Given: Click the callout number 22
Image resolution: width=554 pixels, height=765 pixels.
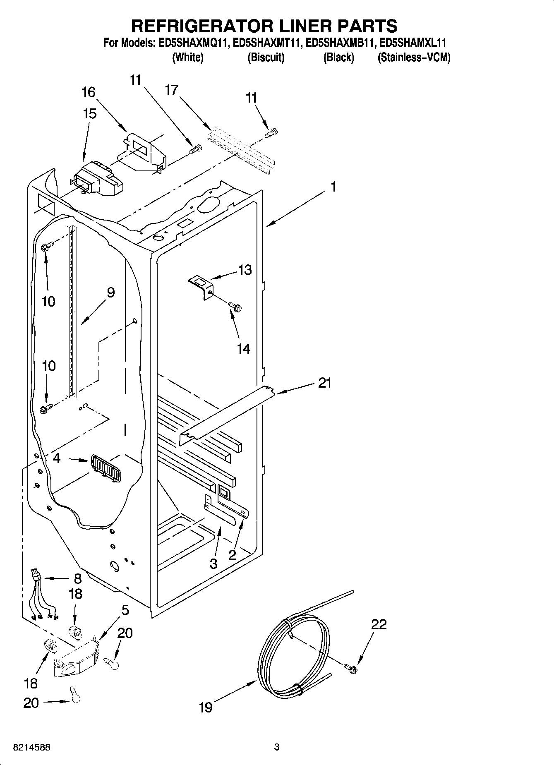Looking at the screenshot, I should pyautogui.click(x=378, y=624).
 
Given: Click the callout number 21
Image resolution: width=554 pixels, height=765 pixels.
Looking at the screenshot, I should pyautogui.click(x=325, y=383).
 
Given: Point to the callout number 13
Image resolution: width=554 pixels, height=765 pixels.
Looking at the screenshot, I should pyautogui.click(x=245, y=270).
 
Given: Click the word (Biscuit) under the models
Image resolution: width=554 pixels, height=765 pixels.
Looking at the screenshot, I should pyautogui.click(x=266, y=58).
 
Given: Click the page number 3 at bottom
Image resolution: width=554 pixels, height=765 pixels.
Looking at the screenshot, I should pyautogui.click(x=277, y=747).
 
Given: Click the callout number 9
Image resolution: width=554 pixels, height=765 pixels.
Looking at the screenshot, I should pyautogui.click(x=110, y=293).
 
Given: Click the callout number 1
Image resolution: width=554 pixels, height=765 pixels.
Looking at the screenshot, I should pyautogui.click(x=333, y=187).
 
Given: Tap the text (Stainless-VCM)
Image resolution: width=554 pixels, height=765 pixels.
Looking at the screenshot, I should pyautogui.click(x=414, y=58).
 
